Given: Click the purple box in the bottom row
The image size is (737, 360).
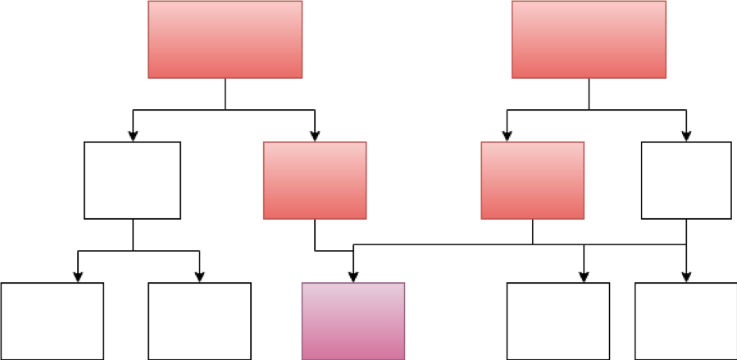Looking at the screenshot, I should (x=353, y=321).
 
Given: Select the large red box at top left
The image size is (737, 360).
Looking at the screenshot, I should (x=225, y=39).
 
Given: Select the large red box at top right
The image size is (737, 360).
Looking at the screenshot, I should (x=589, y=39).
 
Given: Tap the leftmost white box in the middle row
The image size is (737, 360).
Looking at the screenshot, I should (x=132, y=180).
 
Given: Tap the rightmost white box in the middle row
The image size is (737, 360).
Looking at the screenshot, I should (x=686, y=180).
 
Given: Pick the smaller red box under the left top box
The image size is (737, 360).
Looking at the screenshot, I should (x=315, y=180).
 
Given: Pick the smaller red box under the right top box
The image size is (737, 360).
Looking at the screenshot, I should (x=532, y=180).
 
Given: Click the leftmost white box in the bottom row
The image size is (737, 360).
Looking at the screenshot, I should (x=52, y=321).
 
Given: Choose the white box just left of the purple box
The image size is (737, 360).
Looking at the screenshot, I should (x=199, y=321).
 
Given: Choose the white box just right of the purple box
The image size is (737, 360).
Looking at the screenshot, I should (x=557, y=321).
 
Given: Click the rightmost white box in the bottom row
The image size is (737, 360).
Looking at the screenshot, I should (x=685, y=321).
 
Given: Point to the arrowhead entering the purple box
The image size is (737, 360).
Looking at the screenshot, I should (x=353, y=277).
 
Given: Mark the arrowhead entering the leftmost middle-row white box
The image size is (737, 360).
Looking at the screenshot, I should (x=132, y=136).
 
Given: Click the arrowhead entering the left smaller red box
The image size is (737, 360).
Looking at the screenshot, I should (x=315, y=136).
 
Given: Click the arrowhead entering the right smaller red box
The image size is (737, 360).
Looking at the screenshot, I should (x=507, y=136).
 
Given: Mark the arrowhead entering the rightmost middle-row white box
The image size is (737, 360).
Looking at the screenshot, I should (x=686, y=136).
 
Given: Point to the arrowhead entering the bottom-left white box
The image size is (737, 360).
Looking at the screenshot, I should (x=78, y=277).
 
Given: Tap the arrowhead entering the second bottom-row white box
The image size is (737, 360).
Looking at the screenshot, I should (x=199, y=277).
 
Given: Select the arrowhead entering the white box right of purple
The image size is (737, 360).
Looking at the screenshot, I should (x=584, y=277).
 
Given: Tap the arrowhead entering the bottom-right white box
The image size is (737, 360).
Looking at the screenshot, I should (x=686, y=277).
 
